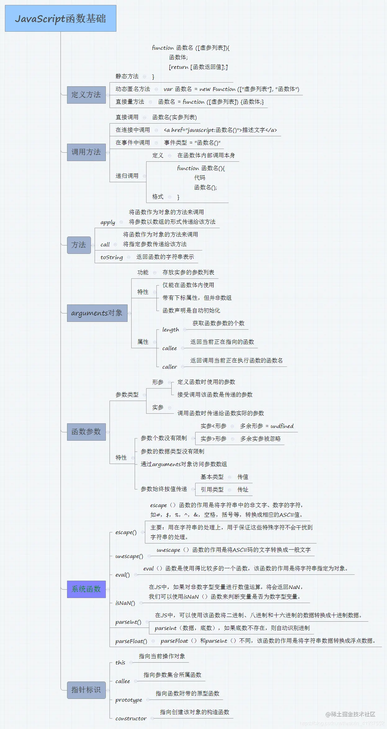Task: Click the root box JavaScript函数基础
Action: coord(61,19)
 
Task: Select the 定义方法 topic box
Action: coord(86,95)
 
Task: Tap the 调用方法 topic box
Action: coord(86,152)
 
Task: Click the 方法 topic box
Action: coord(79,245)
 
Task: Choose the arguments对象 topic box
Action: coord(97,313)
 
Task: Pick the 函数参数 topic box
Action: coord(86,432)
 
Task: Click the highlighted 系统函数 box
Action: coord(86,589)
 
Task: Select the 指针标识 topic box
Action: coord(86,690)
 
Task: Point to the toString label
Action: coord(112,257)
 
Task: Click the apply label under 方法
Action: coord(108,222)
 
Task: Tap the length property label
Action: coord(171,330)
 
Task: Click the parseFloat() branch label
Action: coord(131,641)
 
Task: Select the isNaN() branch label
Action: coord(125,603)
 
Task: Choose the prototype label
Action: coord(129,700)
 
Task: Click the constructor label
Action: coord(131,718)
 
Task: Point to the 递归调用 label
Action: coord(127,176)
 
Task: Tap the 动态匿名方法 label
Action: coord(133,89)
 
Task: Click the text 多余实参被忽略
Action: coord(260,439)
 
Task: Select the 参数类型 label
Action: coord(127,395)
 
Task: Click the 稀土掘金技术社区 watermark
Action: coord(350,714)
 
